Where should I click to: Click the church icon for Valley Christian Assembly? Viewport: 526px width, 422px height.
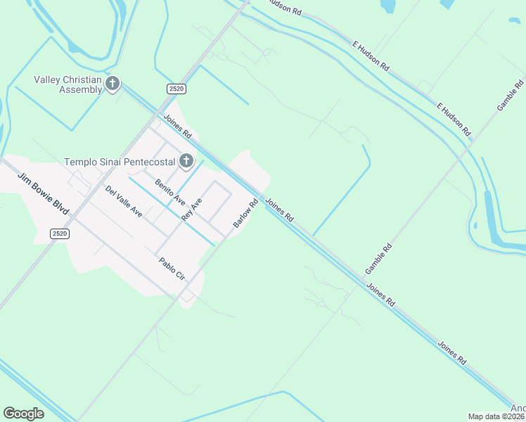click(x=112, y=84)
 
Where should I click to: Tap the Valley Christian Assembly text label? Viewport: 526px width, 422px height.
click(x=68, y=84)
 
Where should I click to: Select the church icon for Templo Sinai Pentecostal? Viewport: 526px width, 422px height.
click(x=186, y=162)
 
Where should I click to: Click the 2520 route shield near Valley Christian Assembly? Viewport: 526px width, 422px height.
click(x=177, y=88)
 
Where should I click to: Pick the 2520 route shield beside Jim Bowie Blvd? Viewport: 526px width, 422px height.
click(x=60, y=234)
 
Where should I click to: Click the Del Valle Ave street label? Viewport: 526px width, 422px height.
click(x=124, y=201)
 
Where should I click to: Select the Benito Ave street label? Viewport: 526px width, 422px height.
click(x=170, y=191)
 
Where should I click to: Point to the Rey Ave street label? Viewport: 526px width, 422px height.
click(x=191, y=210)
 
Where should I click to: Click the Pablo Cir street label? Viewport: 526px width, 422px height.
click(x=172, y=270)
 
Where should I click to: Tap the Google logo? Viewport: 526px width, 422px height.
click(x=24, y=414)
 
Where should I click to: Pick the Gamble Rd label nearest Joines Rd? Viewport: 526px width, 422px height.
click(x=378, y=260)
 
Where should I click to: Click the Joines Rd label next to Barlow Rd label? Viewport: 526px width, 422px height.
click(x=279, y=210)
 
